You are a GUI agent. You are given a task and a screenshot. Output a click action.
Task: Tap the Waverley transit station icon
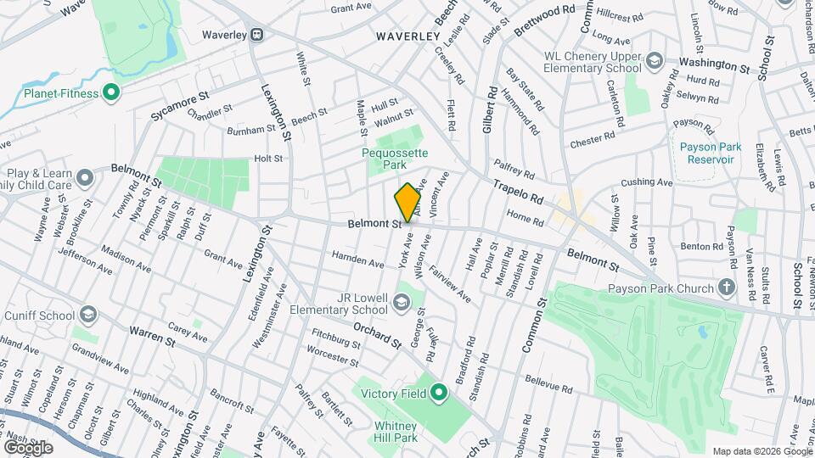pyautogui.click(x=256, y=35)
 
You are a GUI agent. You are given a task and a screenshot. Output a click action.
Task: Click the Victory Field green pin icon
pyautogui.click(x=439, y=393)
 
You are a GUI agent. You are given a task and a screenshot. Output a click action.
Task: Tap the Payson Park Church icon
pyautogui.click(x=727, y=288)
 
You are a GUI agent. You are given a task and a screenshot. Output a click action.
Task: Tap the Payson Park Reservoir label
pyautogui.click(x=705, y=153)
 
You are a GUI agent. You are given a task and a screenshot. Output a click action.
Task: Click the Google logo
pyautogui.click(x=27, y=447)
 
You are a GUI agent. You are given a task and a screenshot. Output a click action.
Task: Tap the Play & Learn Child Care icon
pyautogui.click(x=85, y=177)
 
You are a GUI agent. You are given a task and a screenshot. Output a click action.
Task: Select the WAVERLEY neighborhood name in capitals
pyautogui.click(x=408, y=36)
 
